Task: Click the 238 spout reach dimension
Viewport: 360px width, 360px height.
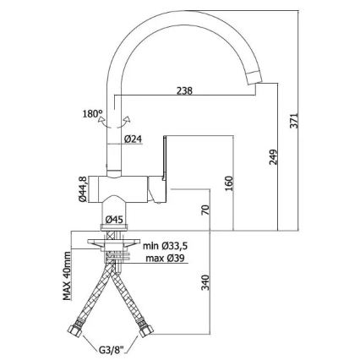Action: [184, 91]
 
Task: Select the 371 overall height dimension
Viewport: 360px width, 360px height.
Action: [294, 121]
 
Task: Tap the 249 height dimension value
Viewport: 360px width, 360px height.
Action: [273, 156]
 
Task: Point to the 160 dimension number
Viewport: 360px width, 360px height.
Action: [229, 183]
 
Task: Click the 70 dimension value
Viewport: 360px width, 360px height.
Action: [205, 210]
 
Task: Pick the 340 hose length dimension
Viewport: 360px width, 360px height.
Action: [206, 282]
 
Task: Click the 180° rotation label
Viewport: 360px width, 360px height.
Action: [92, 114]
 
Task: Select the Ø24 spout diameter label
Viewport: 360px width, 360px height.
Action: [133, 139]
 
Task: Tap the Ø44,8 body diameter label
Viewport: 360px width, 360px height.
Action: [83, 188]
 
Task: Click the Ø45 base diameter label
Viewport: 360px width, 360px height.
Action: [114, 220]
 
